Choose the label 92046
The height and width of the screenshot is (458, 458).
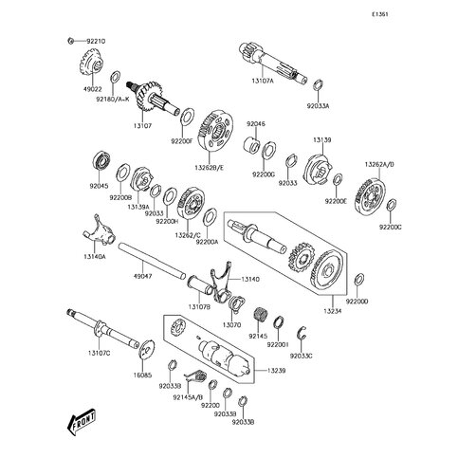pyautogui.click(x=257, y=123)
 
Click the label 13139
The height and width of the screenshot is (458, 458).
pyautogui.click(x=321, y=140)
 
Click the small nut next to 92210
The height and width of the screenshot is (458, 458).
pyautogui.click(x=71, y=41)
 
